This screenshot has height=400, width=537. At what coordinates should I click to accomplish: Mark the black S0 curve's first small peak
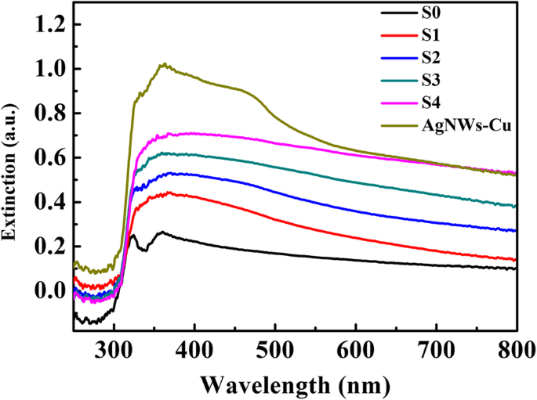[133, 235]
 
